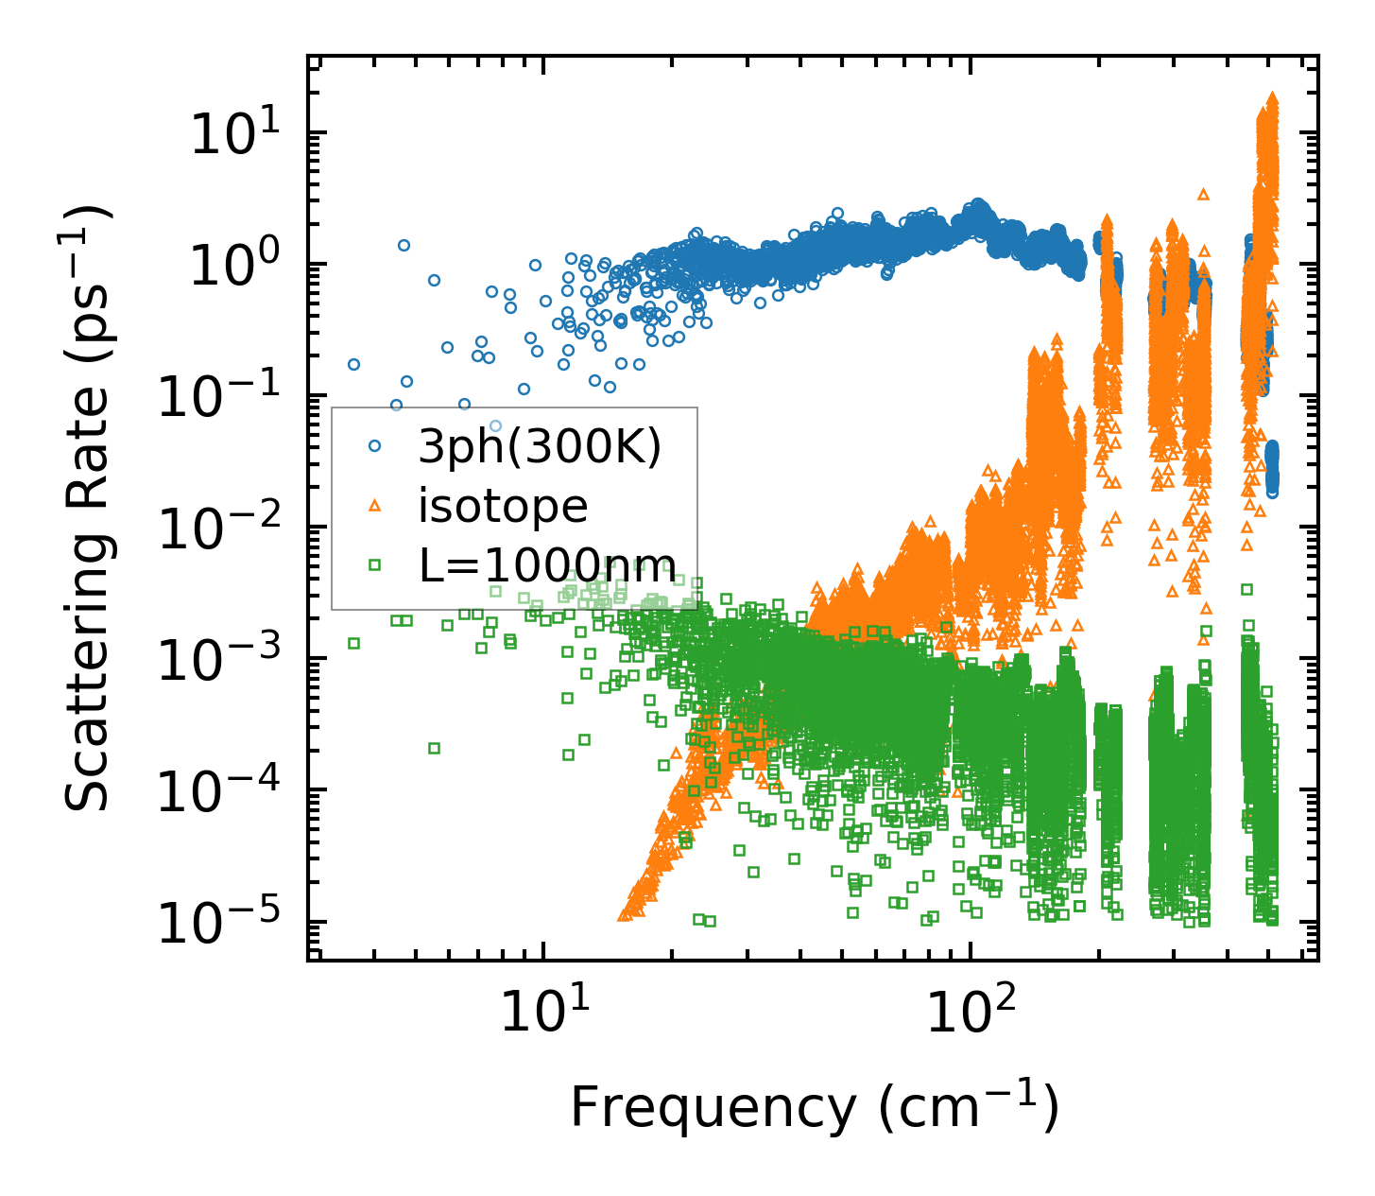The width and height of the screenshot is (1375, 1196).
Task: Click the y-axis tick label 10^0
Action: pyautogui.click(x=241, y=267)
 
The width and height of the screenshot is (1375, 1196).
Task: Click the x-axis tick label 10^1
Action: pyautogui.click(x=541, y=1014)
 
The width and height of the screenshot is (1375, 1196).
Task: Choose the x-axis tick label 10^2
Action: pyautogui.click(x=969, y=1014)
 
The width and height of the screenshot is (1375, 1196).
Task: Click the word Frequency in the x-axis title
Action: pyautogui.click(x=712, y=1108)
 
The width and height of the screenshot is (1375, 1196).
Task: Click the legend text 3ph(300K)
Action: pyautogui.click(x=540, y=447)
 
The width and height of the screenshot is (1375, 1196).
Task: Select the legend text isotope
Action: pyautogui.click(x=503, y=507)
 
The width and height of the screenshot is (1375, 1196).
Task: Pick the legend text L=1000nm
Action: pyautogui.click(x=547, y=566)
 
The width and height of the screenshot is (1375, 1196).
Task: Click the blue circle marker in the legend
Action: pyautogui.click(x=374, y=445)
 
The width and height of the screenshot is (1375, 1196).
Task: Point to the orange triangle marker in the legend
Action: pyautogui.click(x=374, y=506)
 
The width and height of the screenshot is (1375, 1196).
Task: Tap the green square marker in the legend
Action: pyautogui.click(x=374, y=565)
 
